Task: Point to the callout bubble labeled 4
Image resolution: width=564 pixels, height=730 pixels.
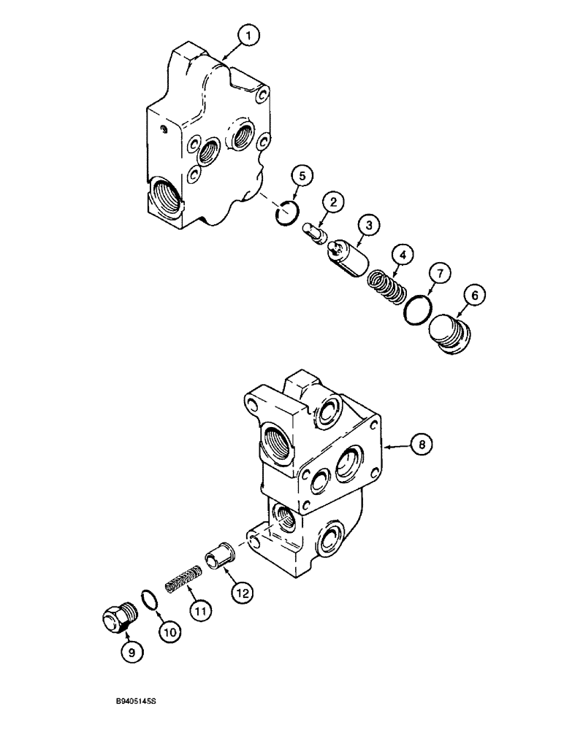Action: (x=400, y=255)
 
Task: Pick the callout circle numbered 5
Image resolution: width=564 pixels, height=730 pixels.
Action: (x=303, y=177)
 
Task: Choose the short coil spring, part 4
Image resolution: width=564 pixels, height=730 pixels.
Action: (x=386, y=285)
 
